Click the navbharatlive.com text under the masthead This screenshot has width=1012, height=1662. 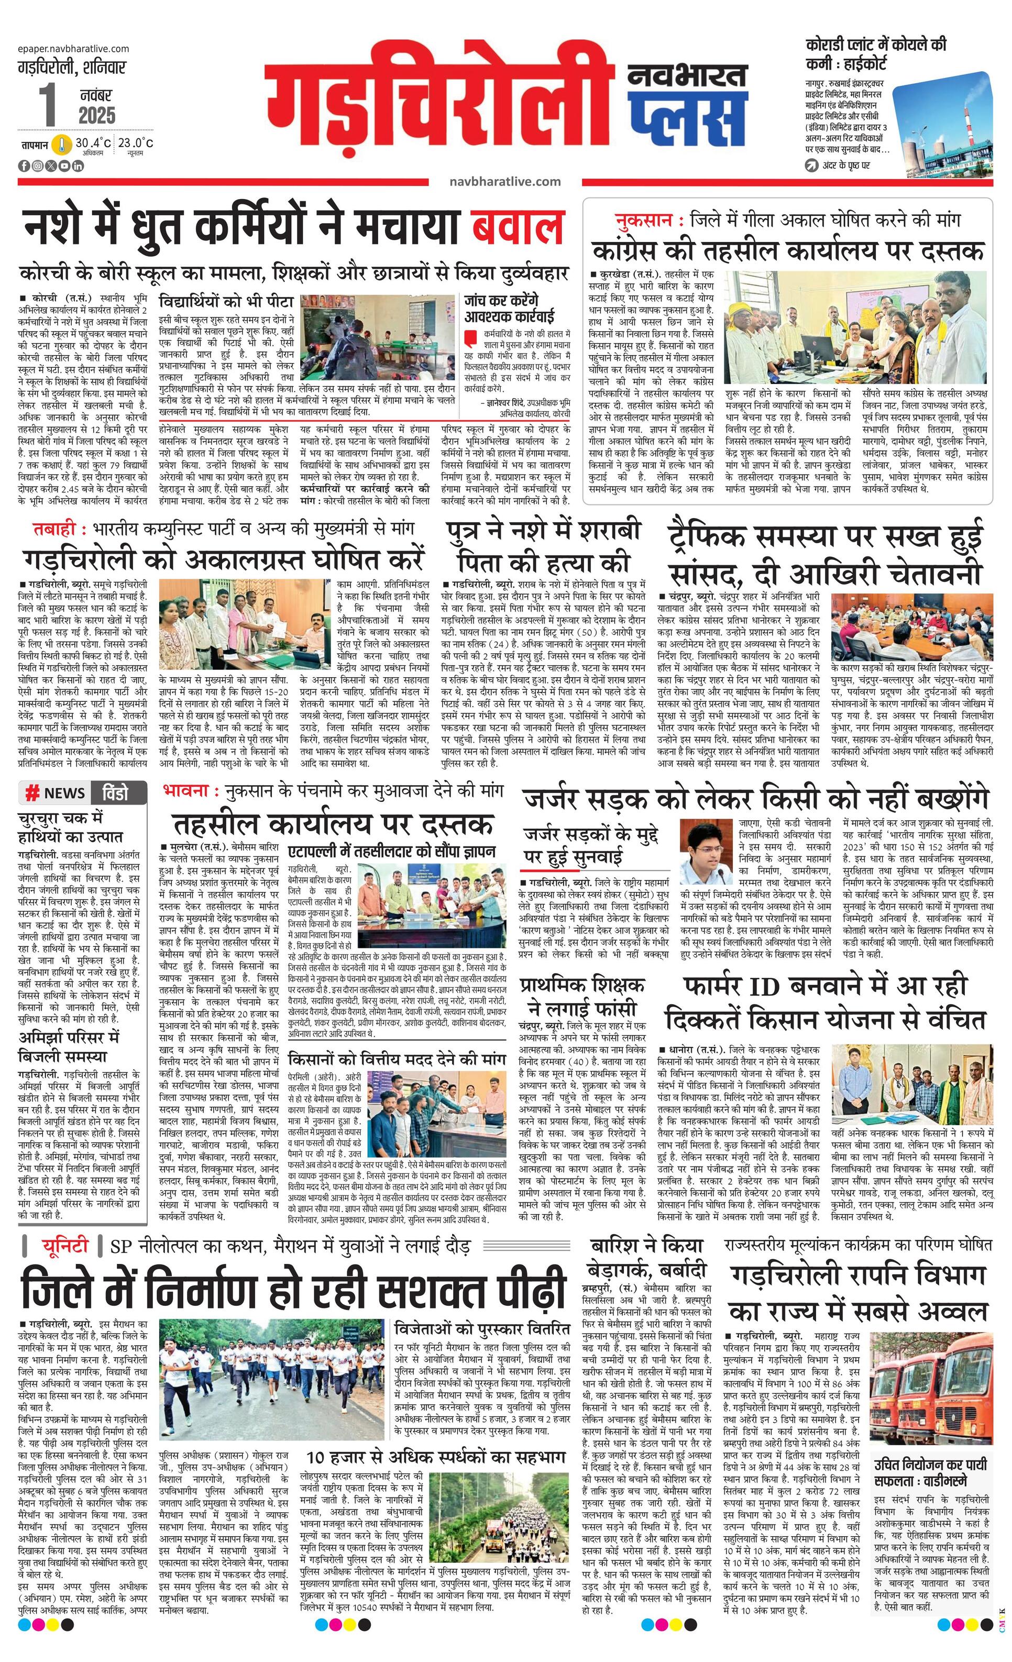(x=504, y=181)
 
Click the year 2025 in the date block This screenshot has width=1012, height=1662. (x=97, y=115)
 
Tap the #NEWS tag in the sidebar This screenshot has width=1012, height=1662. (x=56, y=793)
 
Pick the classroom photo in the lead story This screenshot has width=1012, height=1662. (x=377, y=329)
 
